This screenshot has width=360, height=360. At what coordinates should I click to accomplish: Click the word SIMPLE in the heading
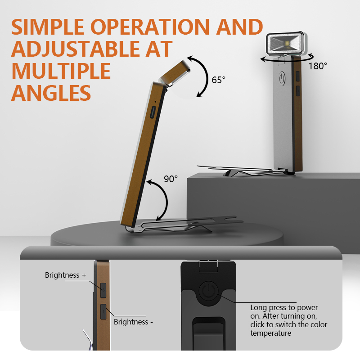pos(48,27)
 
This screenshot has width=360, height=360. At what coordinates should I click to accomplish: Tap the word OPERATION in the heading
pos(150,27)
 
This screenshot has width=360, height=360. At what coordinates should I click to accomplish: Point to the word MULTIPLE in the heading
pos(61,71)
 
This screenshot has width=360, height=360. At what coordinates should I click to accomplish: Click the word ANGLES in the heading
pos(51,93)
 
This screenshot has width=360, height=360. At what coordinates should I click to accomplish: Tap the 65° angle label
pos(218,80)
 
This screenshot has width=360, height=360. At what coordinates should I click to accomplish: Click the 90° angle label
pos(171,179)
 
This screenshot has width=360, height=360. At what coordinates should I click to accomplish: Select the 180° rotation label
pos(318,66)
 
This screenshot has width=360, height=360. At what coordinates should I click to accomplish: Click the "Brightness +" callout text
pos(65,275)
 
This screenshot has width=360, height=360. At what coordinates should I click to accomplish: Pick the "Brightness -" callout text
pos(133,322)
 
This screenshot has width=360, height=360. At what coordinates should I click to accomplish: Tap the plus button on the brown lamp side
pos(103,290)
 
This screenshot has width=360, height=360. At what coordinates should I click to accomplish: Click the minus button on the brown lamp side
pos(103,311)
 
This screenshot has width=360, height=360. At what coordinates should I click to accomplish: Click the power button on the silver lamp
pos(282,78)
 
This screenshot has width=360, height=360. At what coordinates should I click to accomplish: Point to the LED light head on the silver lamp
pos(286,43)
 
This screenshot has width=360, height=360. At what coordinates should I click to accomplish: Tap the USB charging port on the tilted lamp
pos(153,112)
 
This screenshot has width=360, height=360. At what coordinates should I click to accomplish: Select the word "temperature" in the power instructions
pos(271,333)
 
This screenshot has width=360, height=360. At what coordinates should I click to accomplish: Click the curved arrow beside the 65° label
pos(208,76)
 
